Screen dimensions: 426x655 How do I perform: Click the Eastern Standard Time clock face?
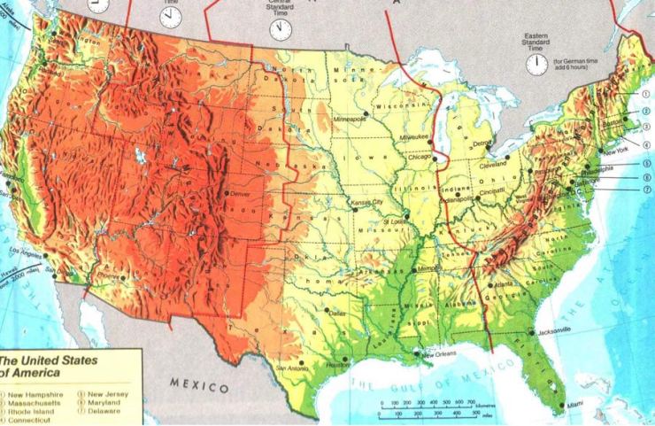(x=536, y=64)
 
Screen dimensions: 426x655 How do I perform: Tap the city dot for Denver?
(x=227, y=192)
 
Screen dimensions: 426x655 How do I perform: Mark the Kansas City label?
(x=367, y=202)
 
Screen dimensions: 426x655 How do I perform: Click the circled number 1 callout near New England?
(x=647, y=92)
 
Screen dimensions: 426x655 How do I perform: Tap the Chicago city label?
(x=419, y=157)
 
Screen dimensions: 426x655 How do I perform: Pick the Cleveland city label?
(x=494, y=165)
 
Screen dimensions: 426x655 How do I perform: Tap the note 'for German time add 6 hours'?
(x=580, y=65)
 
